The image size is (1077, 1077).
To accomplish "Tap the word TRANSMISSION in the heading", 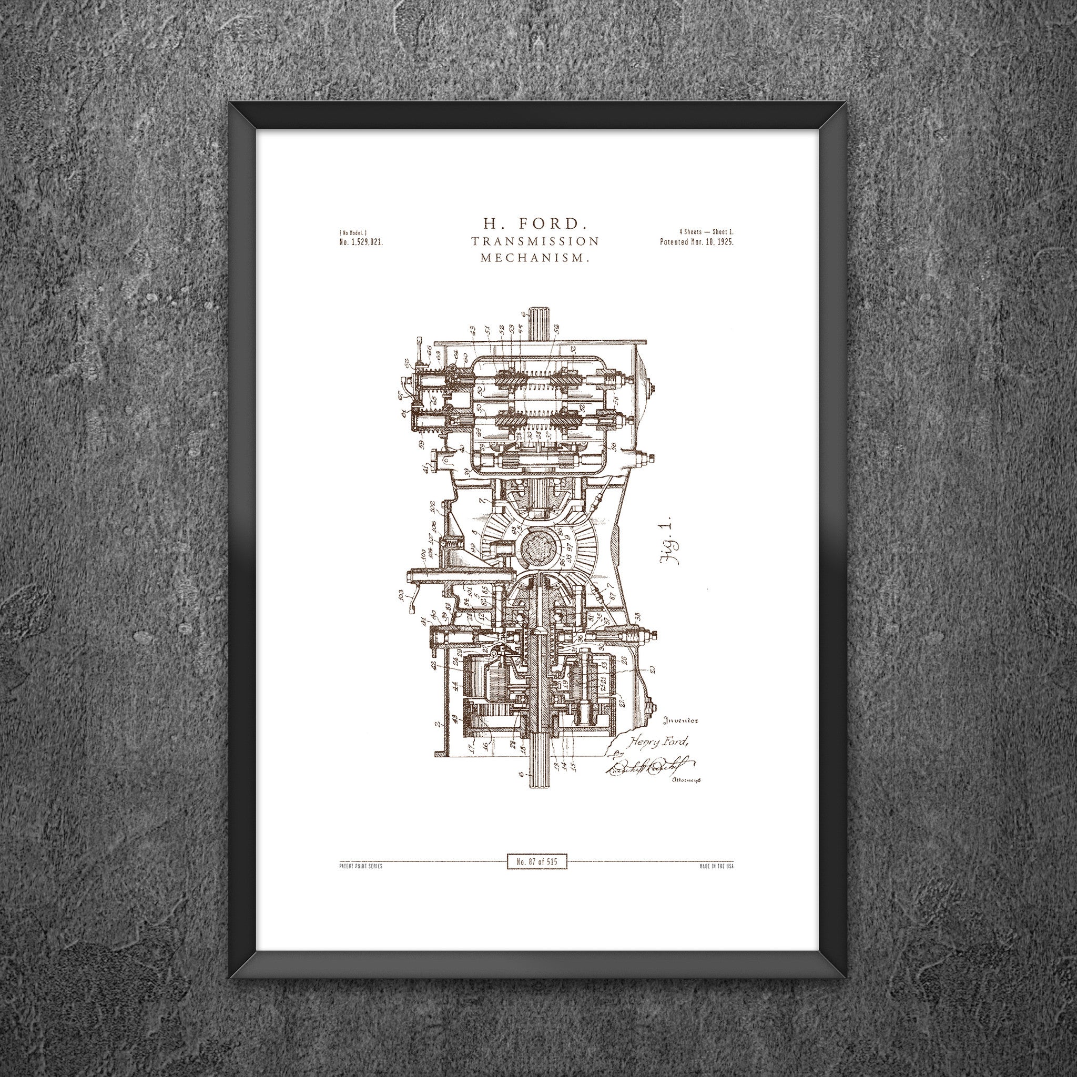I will pyautogui.click(x=535, y=241).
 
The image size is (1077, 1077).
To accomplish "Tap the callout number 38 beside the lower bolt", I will pyautogui.click(x=637, y=617).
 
